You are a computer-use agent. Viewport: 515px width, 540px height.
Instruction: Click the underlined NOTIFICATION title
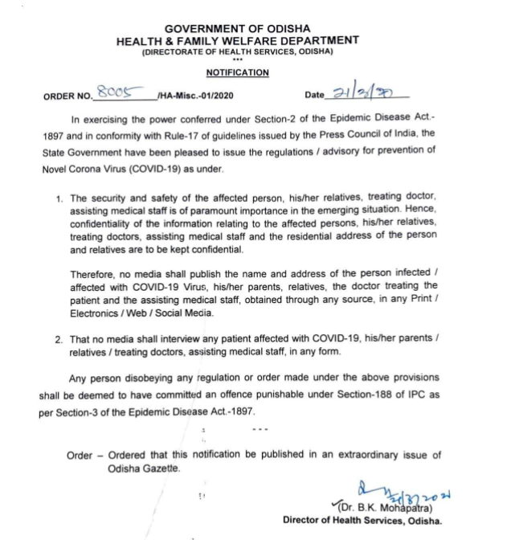tap(237, 72)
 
